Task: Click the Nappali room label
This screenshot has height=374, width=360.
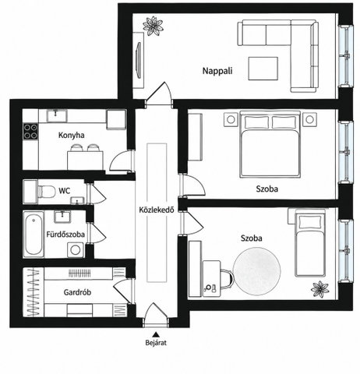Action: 217,71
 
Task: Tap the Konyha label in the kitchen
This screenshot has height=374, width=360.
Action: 71,135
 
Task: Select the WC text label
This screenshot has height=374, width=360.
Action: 64,191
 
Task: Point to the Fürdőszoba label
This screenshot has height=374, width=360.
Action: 65,235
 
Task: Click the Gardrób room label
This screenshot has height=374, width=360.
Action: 77,292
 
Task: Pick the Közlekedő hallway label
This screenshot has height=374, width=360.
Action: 157,210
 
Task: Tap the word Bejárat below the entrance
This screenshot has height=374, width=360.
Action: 156,343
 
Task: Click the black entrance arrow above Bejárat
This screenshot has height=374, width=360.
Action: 156,334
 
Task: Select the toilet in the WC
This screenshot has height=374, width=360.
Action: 47,192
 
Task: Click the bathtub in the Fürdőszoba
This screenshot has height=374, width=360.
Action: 34,235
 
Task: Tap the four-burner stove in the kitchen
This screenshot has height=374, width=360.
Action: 30,131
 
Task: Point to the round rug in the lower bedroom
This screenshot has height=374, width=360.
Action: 256,271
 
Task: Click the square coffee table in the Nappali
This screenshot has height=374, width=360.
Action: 263,69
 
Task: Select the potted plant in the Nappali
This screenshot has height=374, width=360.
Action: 154,26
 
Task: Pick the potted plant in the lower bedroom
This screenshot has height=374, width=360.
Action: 320,289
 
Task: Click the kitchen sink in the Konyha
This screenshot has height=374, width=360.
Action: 57,115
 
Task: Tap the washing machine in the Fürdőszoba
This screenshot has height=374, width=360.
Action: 76,250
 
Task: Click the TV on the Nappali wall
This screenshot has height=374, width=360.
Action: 139,61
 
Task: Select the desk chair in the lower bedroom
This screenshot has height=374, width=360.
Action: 227,279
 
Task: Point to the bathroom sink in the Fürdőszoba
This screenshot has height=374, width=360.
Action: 62,217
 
